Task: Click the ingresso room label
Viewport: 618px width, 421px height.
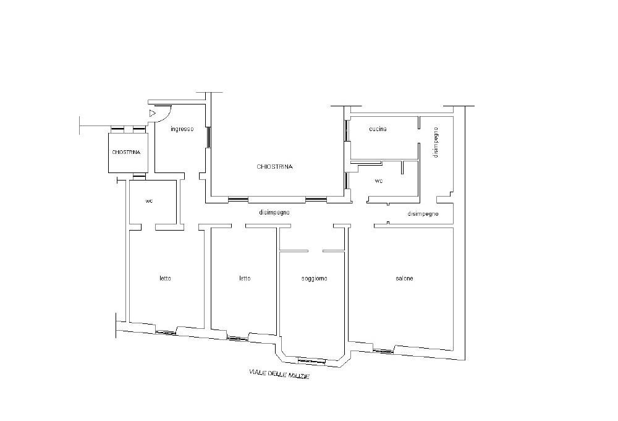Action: click(182, 129)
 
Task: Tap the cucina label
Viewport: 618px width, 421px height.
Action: click(378, 129)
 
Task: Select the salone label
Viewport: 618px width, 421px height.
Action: click(404, 278)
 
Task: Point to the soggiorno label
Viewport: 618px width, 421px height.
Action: click(314, 279)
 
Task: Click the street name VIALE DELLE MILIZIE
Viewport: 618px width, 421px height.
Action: click(279, 373)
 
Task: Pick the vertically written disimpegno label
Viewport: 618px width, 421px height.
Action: click(435, 142)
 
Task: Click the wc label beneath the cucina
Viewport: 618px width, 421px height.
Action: click(378, 181)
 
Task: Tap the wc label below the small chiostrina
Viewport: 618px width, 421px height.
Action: click(149, 201)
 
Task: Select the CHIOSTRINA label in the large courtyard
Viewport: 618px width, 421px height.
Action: click(275, 167)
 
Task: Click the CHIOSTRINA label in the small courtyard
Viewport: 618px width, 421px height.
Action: click(126, 152)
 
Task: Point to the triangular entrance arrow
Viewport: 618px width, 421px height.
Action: click(153, 114)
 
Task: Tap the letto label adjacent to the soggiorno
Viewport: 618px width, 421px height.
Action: click(245, 278)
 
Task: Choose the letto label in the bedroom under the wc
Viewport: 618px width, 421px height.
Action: click(165, 278)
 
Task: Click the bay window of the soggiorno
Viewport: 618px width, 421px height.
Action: click(311, 360)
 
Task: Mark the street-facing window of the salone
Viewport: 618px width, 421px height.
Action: click(384, 351)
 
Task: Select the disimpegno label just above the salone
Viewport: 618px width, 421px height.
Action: click(423, 214)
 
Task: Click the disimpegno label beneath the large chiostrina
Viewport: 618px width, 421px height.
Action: click(274, 213)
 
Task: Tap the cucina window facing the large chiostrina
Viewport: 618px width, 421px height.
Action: click(347, 130)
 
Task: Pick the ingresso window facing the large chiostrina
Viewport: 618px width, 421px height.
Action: click(208, 137)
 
